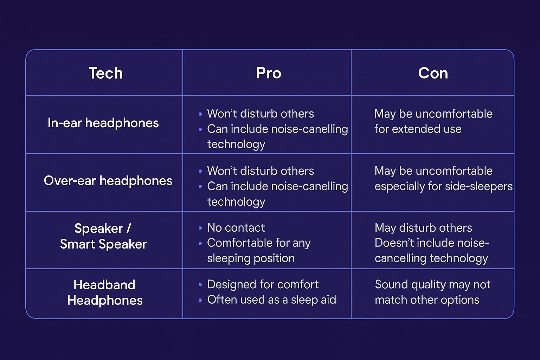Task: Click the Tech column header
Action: click(105, 73)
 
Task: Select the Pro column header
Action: click(269, 73)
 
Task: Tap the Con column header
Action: click(433, 73)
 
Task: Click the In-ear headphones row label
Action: click(103, 123)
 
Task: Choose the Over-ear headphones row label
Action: click(108, 181)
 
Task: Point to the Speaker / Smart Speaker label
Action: click(103, 236)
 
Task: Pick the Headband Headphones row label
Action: click(105, 292)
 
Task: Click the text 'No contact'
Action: click(236, 228)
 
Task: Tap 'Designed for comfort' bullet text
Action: click(263, 284)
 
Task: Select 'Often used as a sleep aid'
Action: click(271, 300)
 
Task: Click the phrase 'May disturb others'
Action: click(423, 228)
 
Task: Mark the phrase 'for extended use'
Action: click(418, 129)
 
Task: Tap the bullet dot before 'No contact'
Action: click(200, 228)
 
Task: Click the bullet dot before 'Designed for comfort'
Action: click(200, 285)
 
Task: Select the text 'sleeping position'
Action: click(251, 258)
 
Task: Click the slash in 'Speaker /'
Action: click(129, 229)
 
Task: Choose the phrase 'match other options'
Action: click(427, 300)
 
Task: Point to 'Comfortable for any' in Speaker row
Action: click(259, 243)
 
